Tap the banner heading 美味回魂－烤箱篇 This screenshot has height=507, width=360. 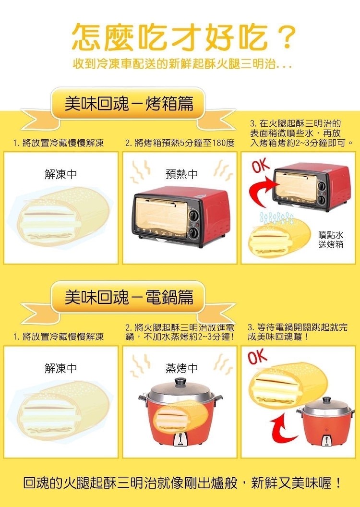point(129,104)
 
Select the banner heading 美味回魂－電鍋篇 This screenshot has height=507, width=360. point(129,297)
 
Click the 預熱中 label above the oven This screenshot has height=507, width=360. point(181,174)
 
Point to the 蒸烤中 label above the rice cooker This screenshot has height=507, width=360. point(181,368)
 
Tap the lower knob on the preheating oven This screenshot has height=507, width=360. point(194,233)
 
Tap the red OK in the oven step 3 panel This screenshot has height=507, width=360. point(261,166)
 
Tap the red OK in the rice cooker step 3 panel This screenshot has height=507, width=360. point(258,357)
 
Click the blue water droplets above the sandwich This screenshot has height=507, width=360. point(277,218)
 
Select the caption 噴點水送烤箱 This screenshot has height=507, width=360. point(331,240)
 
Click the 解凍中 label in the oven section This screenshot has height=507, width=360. point(61,174)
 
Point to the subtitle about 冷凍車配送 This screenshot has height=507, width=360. point(182,63)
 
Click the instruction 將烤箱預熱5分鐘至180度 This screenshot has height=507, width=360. point(180,143)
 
